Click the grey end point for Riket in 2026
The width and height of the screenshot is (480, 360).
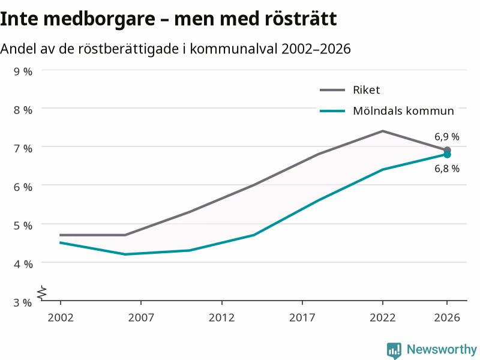(x=447, y=151)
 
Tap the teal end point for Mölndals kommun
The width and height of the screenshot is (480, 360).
(x=447, y=155)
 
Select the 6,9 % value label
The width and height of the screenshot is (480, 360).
(x=447, y=137)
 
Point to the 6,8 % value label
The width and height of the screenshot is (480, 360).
(x=447, y=169)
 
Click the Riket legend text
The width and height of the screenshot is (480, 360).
(x=366, y=90)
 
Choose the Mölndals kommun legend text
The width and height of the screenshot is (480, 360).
(x=403, y=111)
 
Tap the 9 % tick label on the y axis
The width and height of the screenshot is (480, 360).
(x=23, y=71)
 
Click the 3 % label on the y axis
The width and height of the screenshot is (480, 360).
(x=23, y=302)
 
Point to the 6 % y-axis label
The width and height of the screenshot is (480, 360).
(x=23, y=187)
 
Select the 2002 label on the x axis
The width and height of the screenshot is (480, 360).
(x=61, y=317)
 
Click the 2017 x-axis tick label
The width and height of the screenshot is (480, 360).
(x=302, y=317)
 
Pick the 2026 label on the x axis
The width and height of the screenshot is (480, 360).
(x=447, y=317)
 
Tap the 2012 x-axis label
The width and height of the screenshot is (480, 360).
(x=221, y=317)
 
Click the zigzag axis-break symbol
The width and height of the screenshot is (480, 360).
(x=42, y=293)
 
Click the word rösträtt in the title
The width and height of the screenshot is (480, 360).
(x=301, y=19)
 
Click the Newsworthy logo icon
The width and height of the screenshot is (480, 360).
(x=394, y=350)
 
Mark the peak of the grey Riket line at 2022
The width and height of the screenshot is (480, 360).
(x=383, y=131)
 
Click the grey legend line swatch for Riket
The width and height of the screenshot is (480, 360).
(x=332, y=90)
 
